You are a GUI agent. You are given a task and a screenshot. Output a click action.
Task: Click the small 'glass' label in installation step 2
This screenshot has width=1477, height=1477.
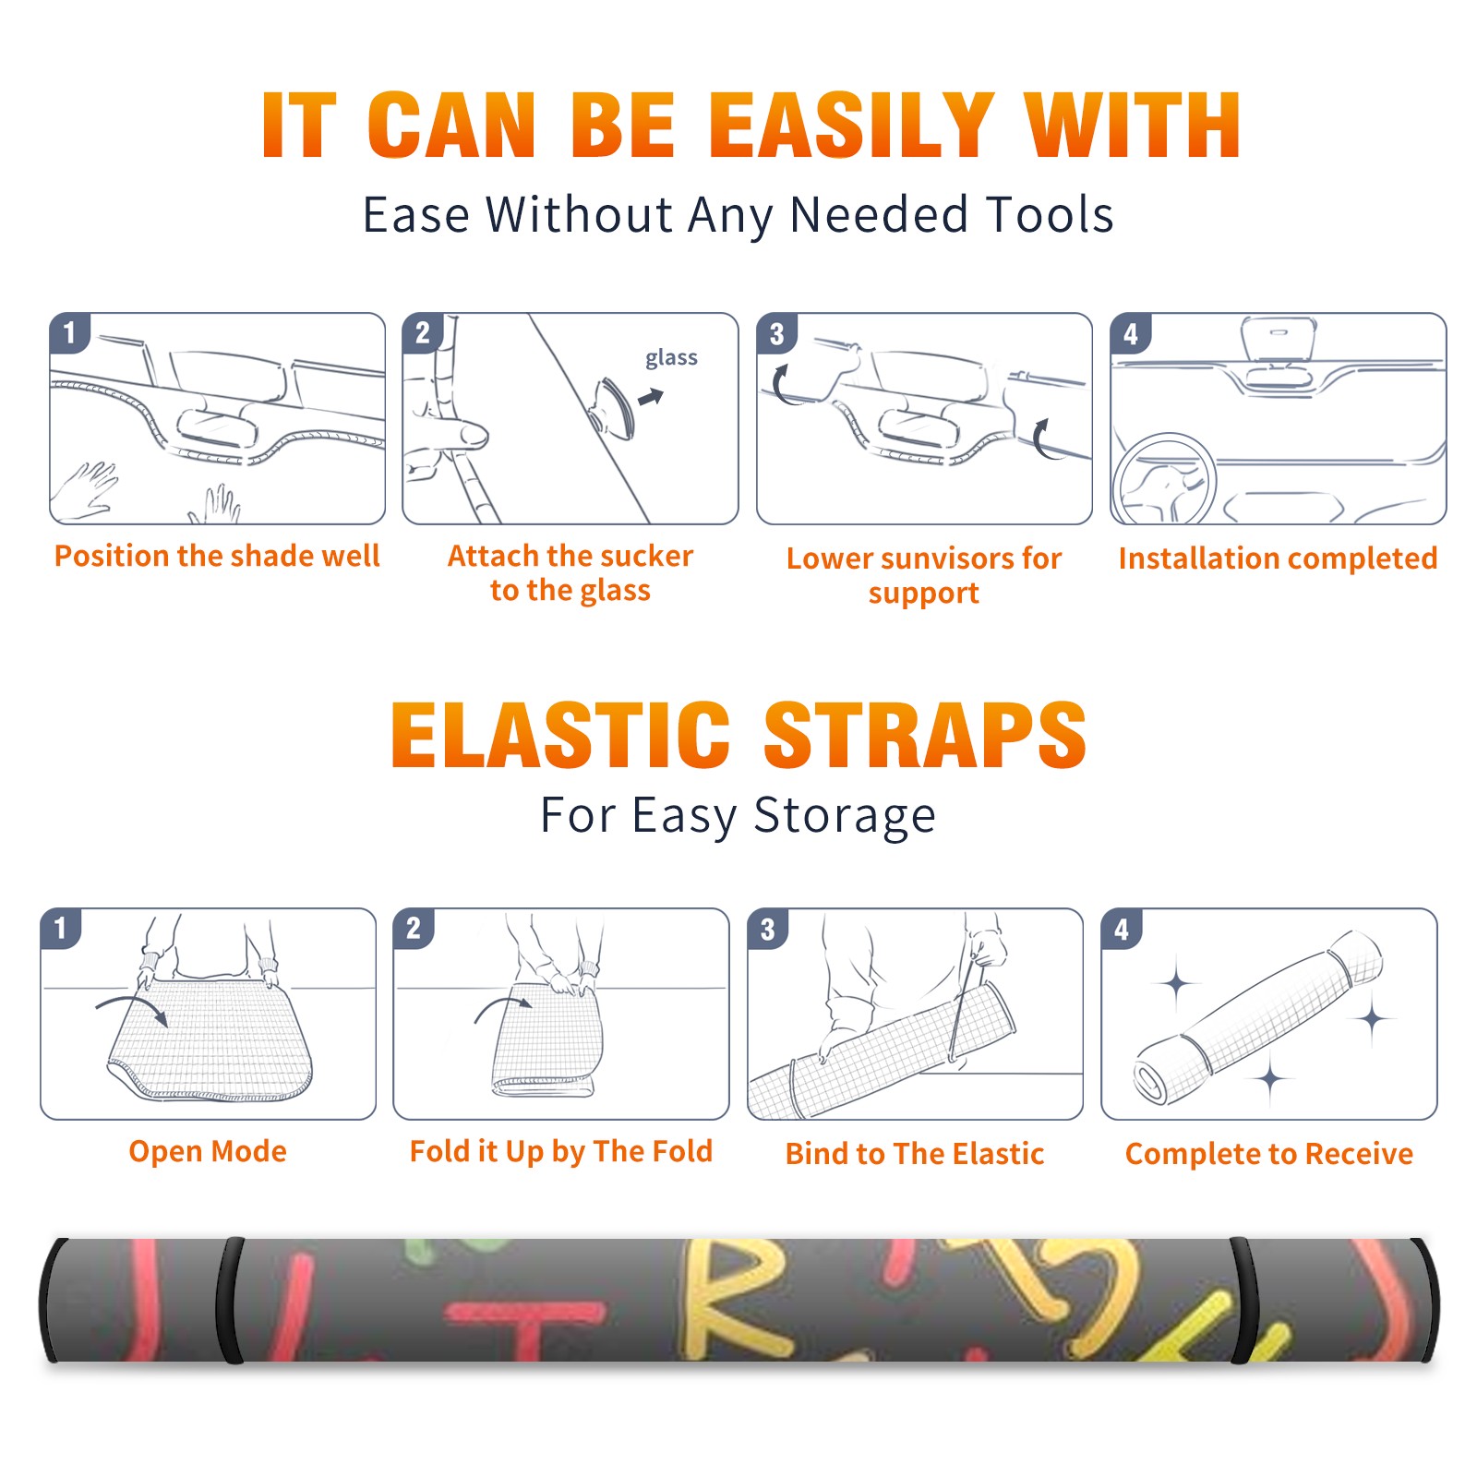[x=671, y=358]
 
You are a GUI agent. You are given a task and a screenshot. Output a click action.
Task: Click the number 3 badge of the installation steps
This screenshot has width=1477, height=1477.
[x=777, y=333]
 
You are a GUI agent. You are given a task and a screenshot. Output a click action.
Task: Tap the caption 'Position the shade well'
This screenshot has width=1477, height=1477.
[x=217, y=556]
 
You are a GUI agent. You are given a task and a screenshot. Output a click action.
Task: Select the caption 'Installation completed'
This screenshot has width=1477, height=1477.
[x=1278, y=558]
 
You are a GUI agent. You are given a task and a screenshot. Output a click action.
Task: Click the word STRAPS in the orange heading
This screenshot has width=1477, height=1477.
[x=925, y=735]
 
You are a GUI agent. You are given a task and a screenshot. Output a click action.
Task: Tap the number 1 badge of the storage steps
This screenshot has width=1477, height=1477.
[x=61, y=928]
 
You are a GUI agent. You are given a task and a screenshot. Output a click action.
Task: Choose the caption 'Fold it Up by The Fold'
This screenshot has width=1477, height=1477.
[x=561, y=1152]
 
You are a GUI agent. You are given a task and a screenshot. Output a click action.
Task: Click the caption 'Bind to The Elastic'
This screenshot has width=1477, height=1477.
[x=915, y=1154]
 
